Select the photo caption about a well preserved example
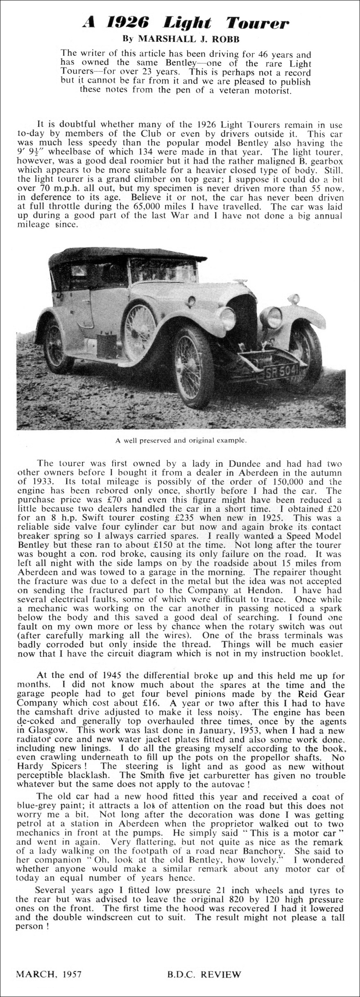point(181,441)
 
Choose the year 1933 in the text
point(39,482)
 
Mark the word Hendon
point(263,590)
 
